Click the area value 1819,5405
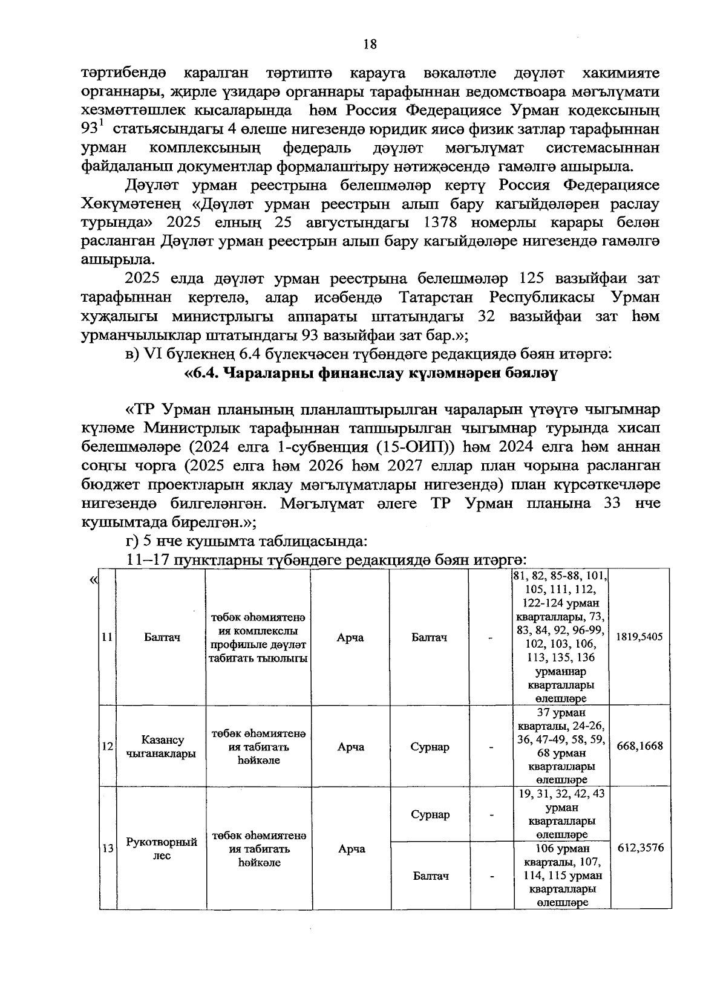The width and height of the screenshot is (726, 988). [x=639, y=637]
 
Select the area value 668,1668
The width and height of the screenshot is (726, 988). [x=639, y=746]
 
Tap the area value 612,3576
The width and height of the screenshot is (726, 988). [x=640, y=848]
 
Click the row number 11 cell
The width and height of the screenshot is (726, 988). [x=107, y=637]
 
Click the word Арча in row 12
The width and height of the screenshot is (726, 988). [x=350, y=747]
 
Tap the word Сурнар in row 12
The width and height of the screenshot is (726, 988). [x=430, y=747]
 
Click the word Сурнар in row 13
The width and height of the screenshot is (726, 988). [x=430, y=814]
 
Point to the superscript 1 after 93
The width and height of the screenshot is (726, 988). [x=102, y=126]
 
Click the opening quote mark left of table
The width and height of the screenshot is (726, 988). [x=93, y=580]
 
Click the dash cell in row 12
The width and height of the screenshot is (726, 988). [x=492, y=747]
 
